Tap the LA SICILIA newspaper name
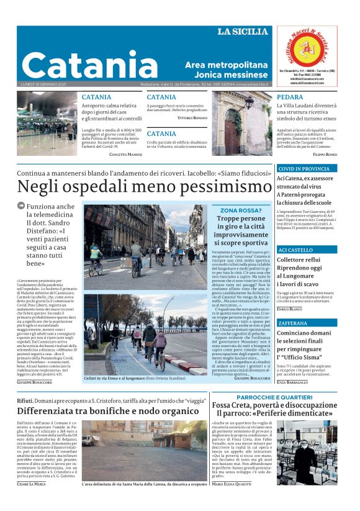(x=243, y=32)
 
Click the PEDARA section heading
(x=290, y=97)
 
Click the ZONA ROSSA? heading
(x=241, y=210)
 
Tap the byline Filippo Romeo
(x=325, y=153)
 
